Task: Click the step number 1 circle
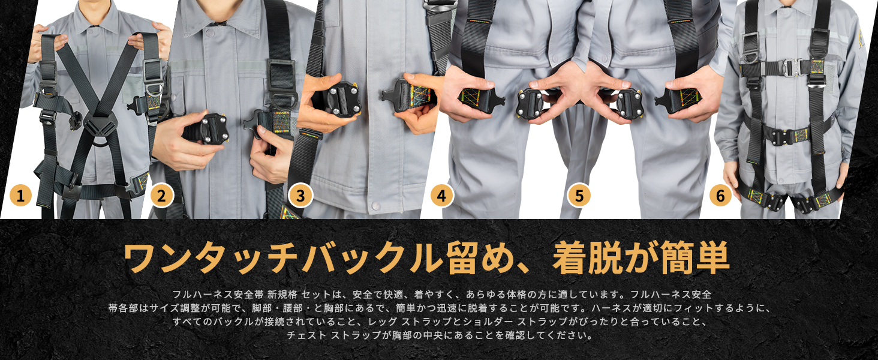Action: click(20, 195)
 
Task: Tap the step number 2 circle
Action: click(161, 195)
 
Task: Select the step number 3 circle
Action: click(300, 195)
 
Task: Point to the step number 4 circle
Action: click(442, 195)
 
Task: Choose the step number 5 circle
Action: click(579, 195)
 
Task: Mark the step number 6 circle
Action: click(720, 195)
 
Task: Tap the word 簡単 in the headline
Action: click(695, 258)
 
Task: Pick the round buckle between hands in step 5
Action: click(630, 104)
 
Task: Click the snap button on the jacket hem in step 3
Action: click(375, 205)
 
